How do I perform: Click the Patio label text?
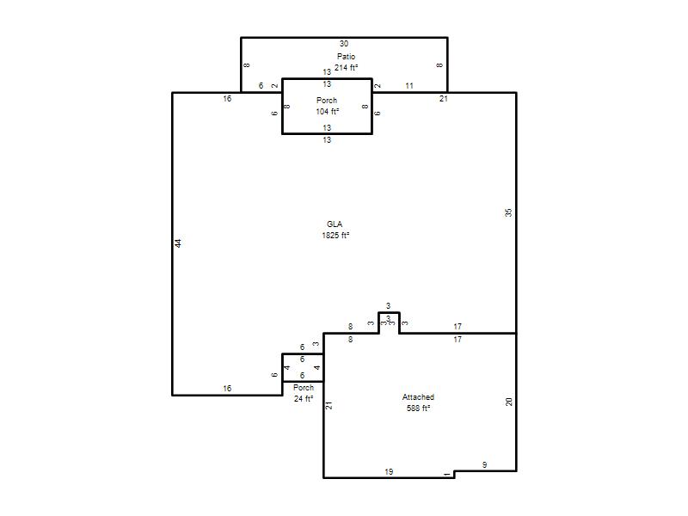pyautogui.click(x=346, y=56)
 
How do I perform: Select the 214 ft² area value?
pyautogui.click(x=346, y=68)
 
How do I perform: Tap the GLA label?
pyautogui.click(x=335, y=224)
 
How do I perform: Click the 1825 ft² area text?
pyautogui.click(x=335, y=235)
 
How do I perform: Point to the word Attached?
pyautogui.click(x=418, y=397)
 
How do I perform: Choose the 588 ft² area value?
pyautogui.click(x=418, y=408)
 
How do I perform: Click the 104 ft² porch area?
pyautogui.click(x=328, y=112)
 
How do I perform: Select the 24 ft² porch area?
pyautogui.click(x=304, y=398)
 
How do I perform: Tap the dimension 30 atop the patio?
pyautogui.click(x=344, y=44)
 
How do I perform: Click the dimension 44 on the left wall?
pyautogui.click(x=178, y=243)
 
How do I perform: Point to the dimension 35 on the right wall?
pyautogui.click(x=508, y=212)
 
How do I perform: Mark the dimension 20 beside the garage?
pyautogui.click(x=509, y=402)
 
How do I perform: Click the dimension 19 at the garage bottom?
pyautogui.click(x=389, y=471)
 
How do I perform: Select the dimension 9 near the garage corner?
pyautogui.click(x=484, y=464)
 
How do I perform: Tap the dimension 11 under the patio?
pyautogui.click(x=409, y=85)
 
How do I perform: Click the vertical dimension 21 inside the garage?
pyautogui.click(x=329, y=405)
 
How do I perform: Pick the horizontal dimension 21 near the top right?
pyautogui.click(x=444, y=99)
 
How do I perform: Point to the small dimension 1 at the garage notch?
pyautogui.click(x=447, y=474)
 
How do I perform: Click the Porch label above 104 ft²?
pyautogui.click(x=327, y=101)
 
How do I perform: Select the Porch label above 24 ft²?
pyautogui.click(x=304, y=388)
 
